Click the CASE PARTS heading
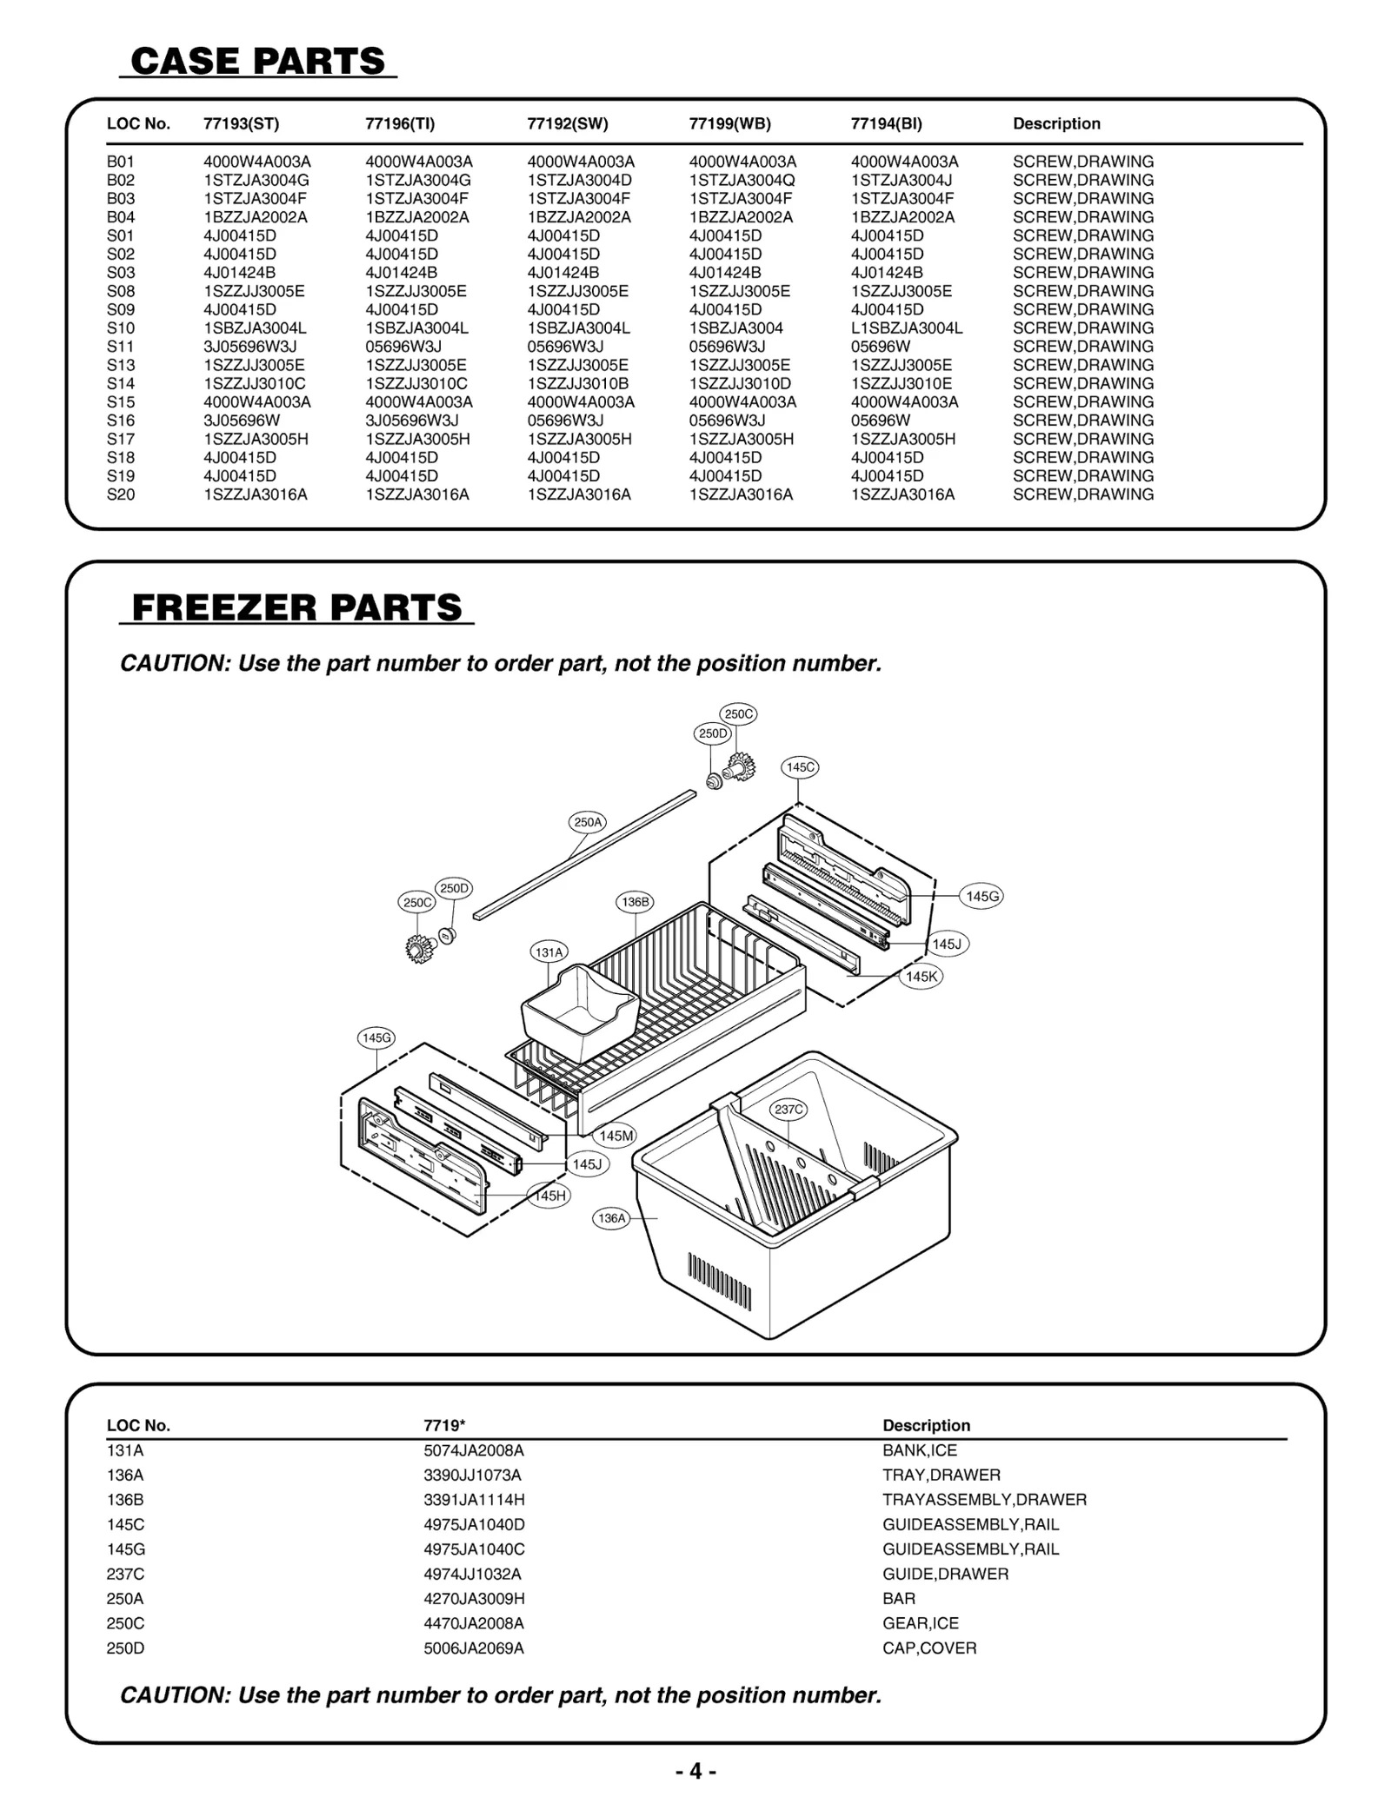pyautogui.click(x=257, y=62)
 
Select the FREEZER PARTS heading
pyautogui.click(x=296, y=607)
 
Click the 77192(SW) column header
pyautogui.click(x=567, y=123)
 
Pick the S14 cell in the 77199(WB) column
pyautogui.click(x=740, y=383)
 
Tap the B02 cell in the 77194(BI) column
pyautogui.click(x=902, y=180)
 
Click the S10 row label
pyautogui.click(x=121, y=328)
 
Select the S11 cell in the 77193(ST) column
pyautogui.click(x=250, y=347)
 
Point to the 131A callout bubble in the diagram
pyautogui.click(x=549, y=952)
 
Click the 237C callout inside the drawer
pyautogui.click(x=789, y=1109)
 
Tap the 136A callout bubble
pyautogui.click(x=611, y=1218)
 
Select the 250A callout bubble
pyautogui.click(x=588, y=822)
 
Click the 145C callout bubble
pyautogui.click(x=800, y=767)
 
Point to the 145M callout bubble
pyautogui.click(x=616, y=1136)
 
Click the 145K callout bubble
pyautogui.click(x=922, y=977)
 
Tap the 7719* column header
pyautogui.click(x=444, y=1425)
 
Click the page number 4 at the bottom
pyautogui.click(x=695, y=1771)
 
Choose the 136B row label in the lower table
pyautogui.click(x=125, y=1499)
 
